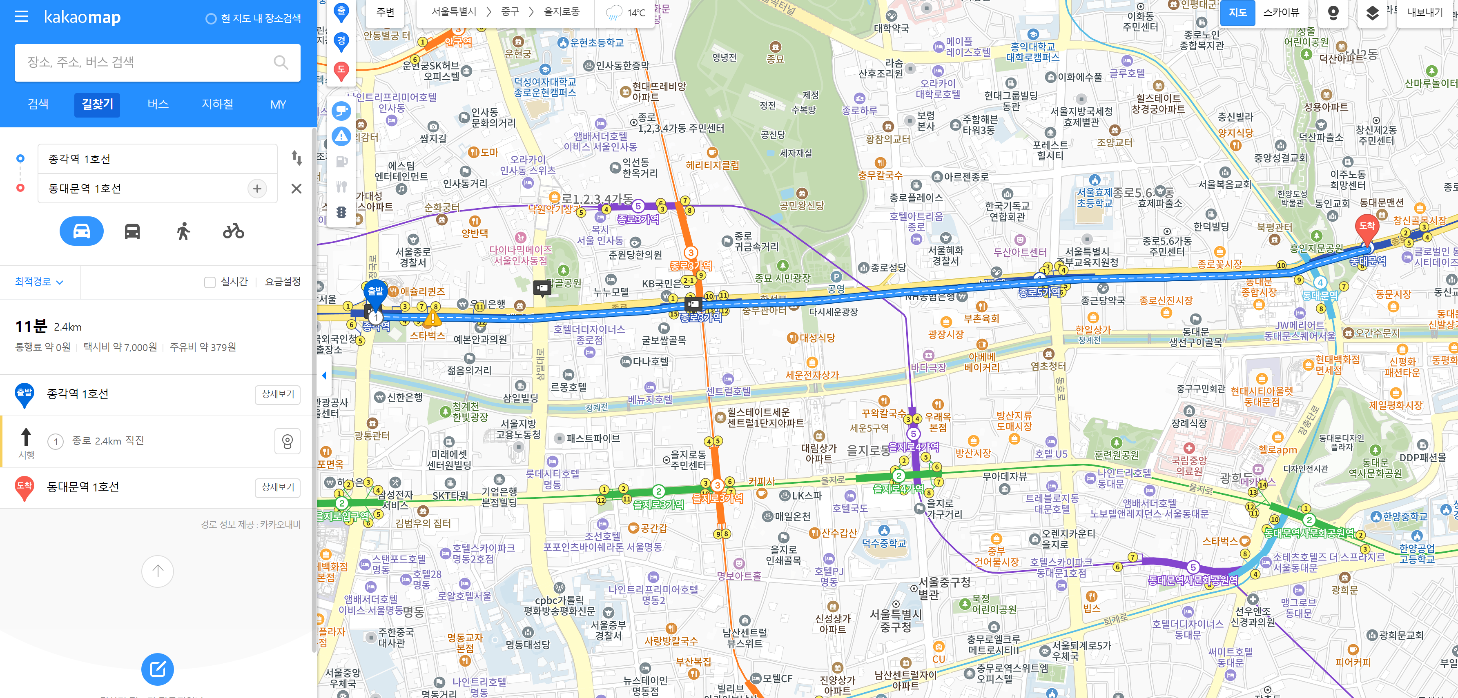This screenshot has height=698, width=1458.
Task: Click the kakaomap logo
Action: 82,17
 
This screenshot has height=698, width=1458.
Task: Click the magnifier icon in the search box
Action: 281,62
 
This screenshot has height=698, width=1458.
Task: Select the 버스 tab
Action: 158,104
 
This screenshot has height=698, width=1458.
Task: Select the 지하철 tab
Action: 217,104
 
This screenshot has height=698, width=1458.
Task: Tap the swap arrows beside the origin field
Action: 297,158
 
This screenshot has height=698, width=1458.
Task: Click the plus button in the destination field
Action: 257,188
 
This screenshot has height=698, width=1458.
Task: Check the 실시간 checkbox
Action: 210,282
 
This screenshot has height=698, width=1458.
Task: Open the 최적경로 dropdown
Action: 38,282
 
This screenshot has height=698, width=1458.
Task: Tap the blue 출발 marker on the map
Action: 375,292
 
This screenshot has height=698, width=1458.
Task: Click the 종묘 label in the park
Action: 775,58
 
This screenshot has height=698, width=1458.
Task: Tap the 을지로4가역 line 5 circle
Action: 913,434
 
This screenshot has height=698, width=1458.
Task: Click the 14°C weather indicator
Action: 625,12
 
